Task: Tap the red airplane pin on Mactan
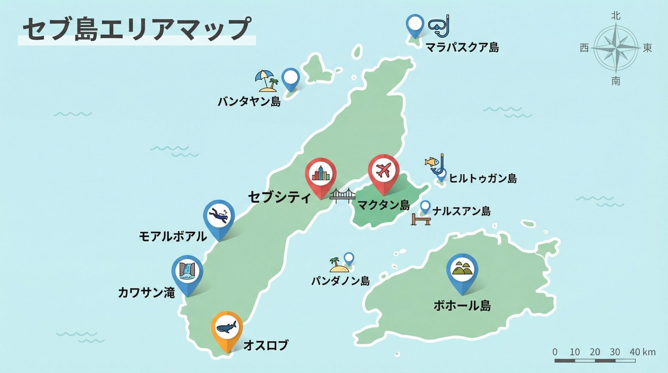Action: [x=383, y=170]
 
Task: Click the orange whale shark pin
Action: [x=227, y=327]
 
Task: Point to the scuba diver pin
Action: [x=219, y=216]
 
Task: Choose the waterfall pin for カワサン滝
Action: [x=187, y=272]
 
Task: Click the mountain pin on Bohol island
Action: [x=462, y=270]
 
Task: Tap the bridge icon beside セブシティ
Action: [x=342, y=195]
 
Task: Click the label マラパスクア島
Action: [x=462, y=47]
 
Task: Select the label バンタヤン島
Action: [x=249, y=101]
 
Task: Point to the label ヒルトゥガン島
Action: [x=483, y=178]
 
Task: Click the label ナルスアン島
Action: [x=461, y=211]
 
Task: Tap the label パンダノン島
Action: [x=340, y=281]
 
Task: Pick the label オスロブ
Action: [x=266, y=345]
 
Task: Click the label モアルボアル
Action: [x=173, y=236]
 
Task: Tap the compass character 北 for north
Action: [x=615, y=16]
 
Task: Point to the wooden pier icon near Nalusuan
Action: [x=420, y=220]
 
